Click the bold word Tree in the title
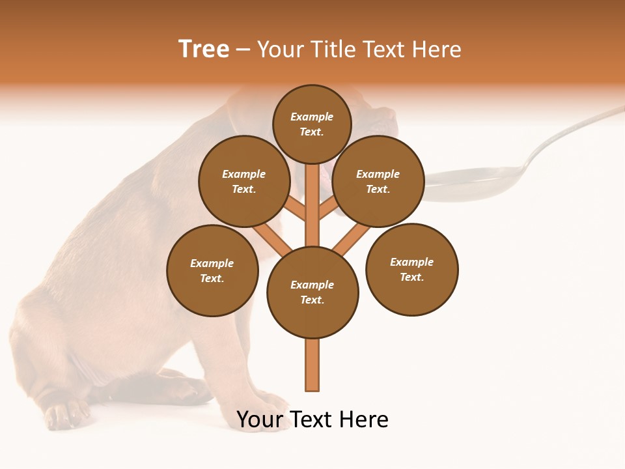(204, 49)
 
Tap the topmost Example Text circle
(312, 124)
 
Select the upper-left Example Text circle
(243, 181)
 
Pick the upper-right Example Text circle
(378, 181)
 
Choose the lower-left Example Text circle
(212, 270)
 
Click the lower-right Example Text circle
(411, 269)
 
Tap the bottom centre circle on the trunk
(312, 292)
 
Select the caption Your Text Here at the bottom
(312, 419)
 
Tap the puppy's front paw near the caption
(270, 407)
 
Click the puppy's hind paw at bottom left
(65, 414)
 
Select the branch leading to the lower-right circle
(352, 238)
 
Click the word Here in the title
(437, 50)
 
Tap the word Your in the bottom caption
(260, 419)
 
